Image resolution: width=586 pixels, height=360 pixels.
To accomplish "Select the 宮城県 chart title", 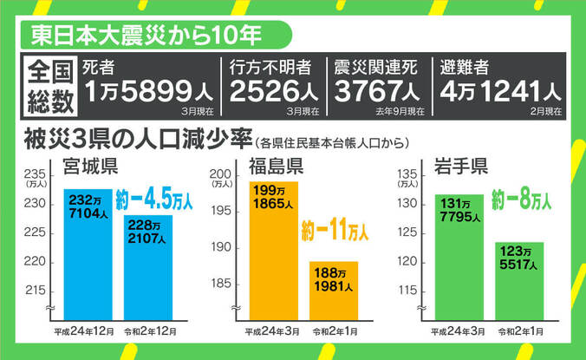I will tap(90, 167).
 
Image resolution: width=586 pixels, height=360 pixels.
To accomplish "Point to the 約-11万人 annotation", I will tap(334, 232).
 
